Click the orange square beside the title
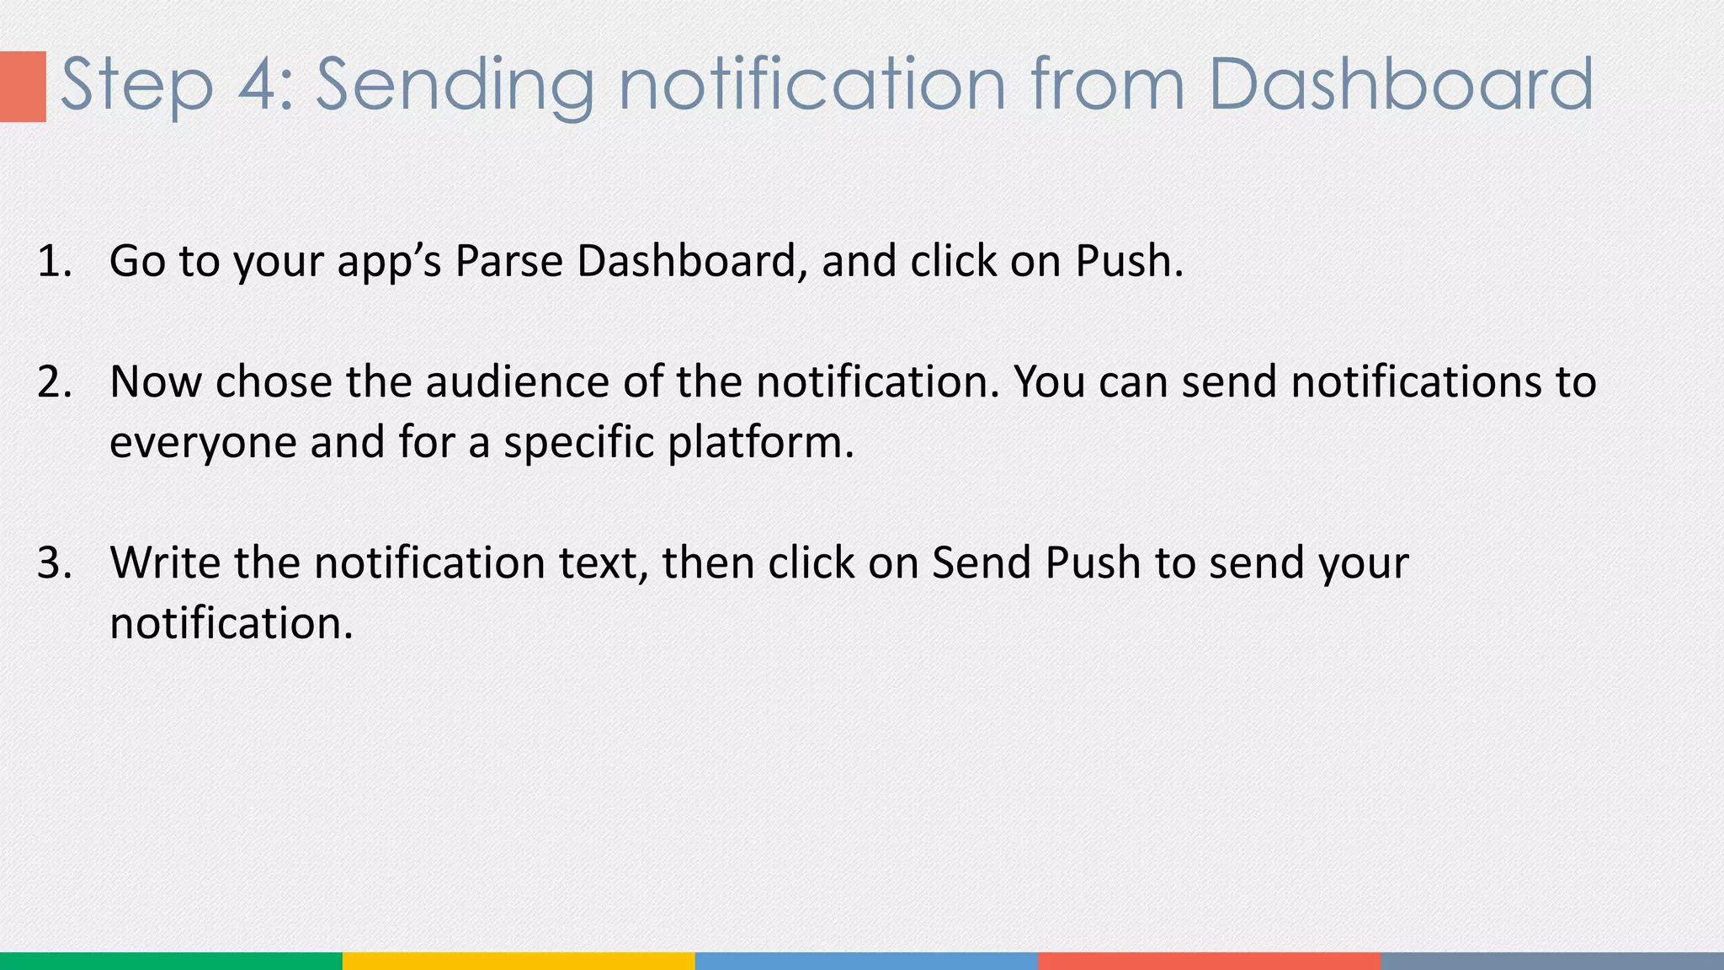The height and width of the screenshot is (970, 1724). [x=23, y=86]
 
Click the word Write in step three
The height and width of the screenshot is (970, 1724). [x=164, y=562]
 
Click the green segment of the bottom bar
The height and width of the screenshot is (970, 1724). [x=171, y=961]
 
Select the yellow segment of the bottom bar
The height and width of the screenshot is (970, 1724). [x=519, y=961]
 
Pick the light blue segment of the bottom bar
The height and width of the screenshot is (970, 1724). [x=866, y=961]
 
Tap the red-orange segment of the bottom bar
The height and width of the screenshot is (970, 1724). [x=1210, y=961]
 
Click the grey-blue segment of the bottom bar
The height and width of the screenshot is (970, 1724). [x=1552, y=961]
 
